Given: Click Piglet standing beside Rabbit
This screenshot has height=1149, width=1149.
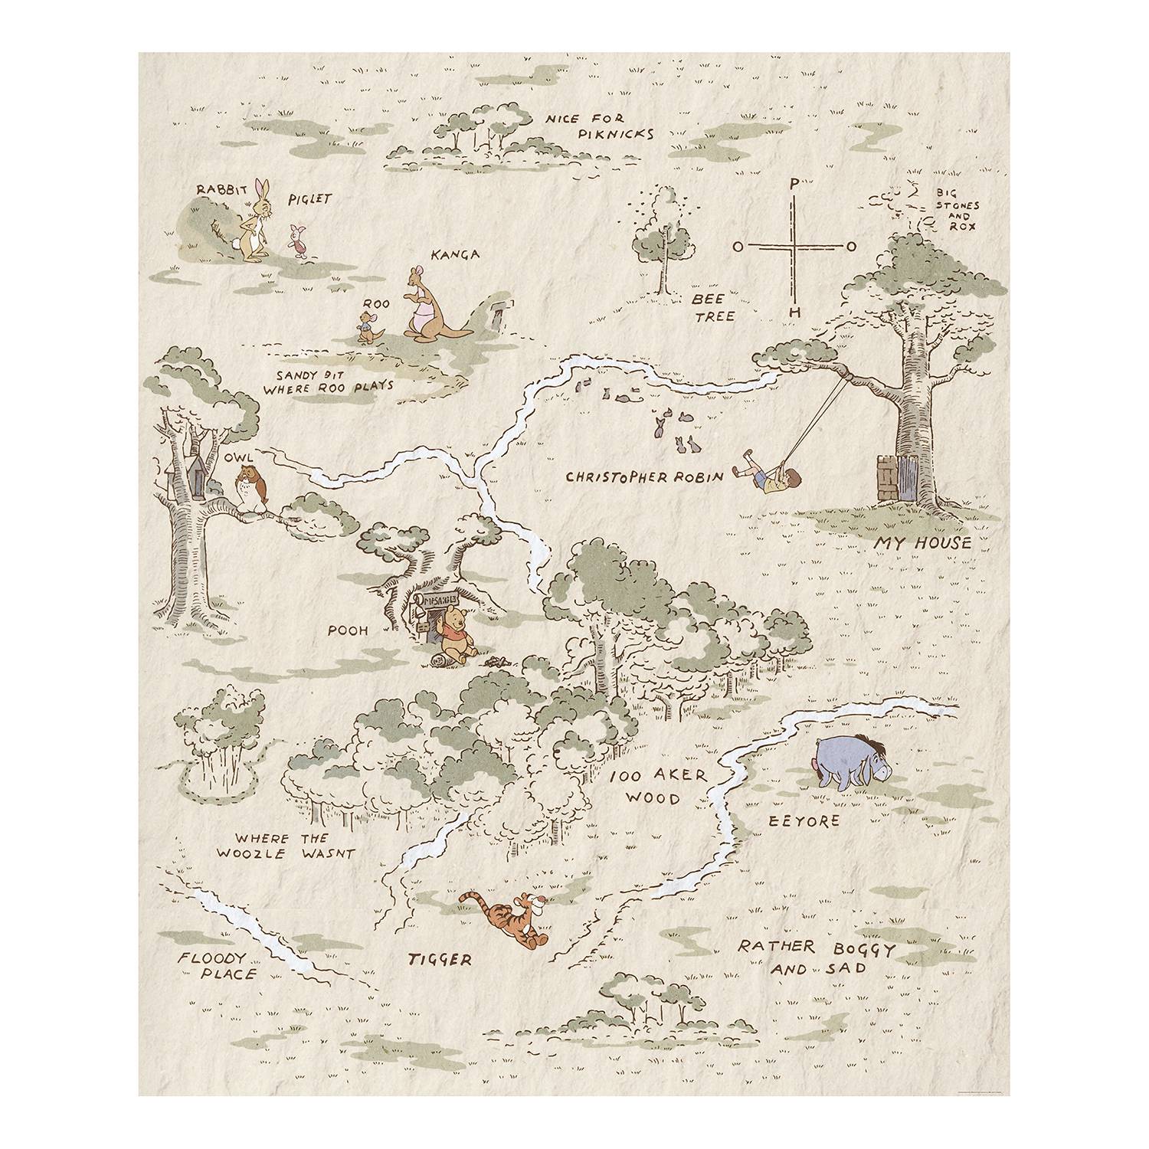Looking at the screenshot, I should point(296,239).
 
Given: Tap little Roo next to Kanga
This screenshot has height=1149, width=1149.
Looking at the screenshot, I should point(368,325).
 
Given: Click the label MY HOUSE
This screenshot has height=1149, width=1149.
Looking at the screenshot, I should point(923,545).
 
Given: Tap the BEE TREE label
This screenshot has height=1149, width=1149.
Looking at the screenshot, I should point(712,306).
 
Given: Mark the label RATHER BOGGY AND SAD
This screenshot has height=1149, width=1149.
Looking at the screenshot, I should point(813,957).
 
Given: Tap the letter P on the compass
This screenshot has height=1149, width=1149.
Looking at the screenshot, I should point(794,184).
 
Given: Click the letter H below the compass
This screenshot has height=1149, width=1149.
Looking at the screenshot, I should point(795,313).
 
